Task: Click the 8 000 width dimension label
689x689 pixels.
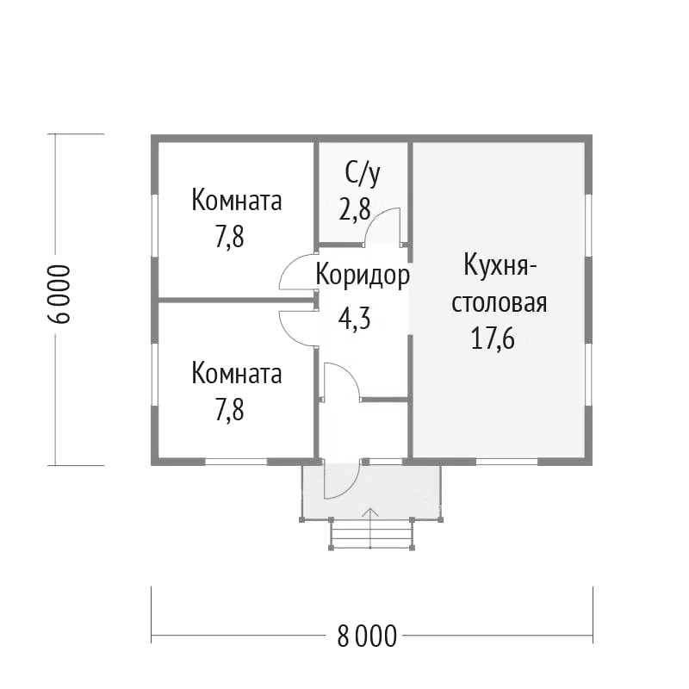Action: tap(367, 636)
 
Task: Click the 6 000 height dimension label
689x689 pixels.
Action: tap(59, 294)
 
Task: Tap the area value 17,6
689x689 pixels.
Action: tap(493, 339)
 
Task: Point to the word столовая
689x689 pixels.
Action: tap(500, 303)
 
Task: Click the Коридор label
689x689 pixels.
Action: tap(363, 276)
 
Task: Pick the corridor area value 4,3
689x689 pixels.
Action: tap(354, 319)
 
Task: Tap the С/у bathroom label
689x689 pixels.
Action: tap(363, 174)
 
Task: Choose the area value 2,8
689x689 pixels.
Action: tap(355, 209)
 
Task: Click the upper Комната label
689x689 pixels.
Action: tap(236, 201)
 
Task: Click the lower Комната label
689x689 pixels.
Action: tap(236, 374)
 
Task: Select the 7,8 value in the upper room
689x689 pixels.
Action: tap(229, 238)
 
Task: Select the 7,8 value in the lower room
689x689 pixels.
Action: tap(229, 410)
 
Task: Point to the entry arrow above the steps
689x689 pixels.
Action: tap(371, 527)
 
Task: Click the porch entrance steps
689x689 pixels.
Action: tap(371, 534)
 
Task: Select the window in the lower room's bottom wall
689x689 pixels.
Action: tap(236, 462)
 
